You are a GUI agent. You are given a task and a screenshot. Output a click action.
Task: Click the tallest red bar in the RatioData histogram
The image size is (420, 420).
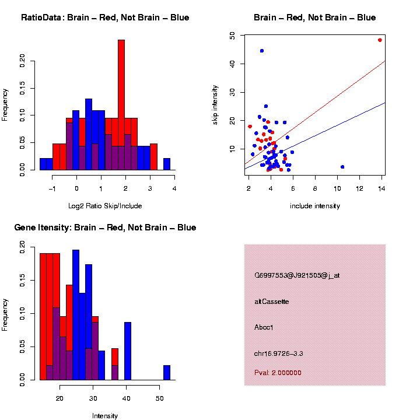(x=121, y=105)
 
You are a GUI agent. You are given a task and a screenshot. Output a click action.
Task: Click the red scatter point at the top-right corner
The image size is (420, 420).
(x=380, y=40)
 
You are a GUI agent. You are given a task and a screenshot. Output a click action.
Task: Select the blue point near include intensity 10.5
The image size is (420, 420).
(x=342, y=167)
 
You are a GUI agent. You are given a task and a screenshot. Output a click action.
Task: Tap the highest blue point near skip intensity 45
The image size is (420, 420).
(x=262, y=51)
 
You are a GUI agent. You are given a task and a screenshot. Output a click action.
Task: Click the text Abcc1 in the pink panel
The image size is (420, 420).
(x=264, y=327)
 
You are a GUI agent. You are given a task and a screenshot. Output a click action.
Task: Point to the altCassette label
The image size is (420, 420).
(x=272, y=302)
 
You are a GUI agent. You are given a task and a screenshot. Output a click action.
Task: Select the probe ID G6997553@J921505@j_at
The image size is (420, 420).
(x=297, y=275)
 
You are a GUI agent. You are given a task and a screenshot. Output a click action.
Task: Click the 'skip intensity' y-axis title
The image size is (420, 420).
(x=223, y=104)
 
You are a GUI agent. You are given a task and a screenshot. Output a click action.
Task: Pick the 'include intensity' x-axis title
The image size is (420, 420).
(x=315, y=206)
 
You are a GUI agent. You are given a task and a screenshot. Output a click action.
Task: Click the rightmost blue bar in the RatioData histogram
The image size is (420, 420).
(x=167, y=164)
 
